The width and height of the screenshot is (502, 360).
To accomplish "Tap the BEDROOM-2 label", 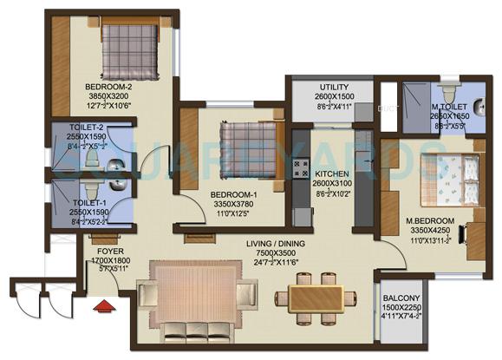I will coord(110,87).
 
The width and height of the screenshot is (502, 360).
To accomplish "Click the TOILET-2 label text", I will coord(87,127).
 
